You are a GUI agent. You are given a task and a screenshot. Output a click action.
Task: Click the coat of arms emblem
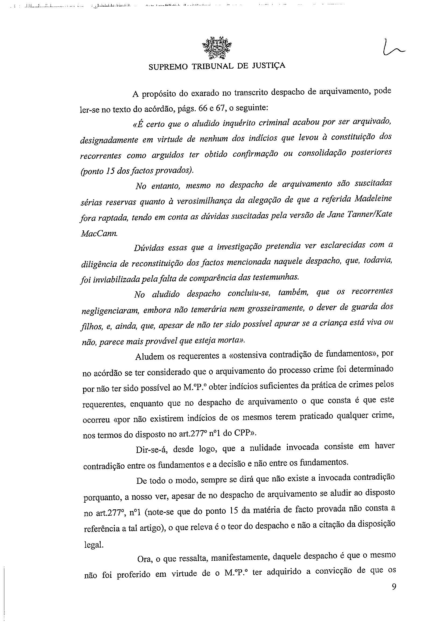click(x=217, y=48)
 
